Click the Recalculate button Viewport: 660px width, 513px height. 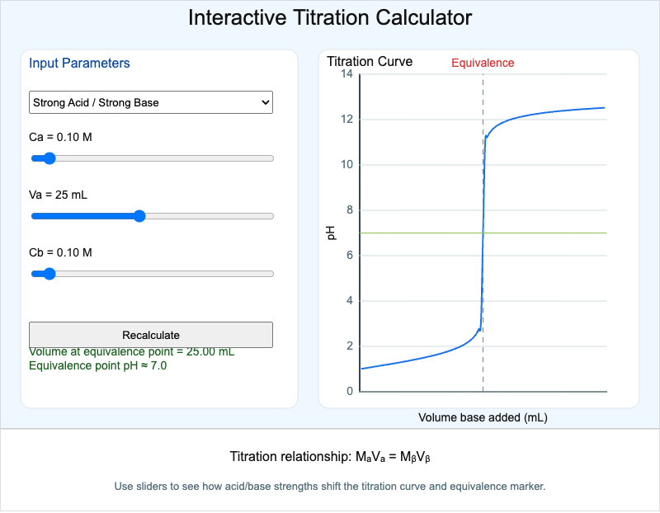[x=151, y=335]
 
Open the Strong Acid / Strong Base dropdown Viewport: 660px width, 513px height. [x=151, y=102]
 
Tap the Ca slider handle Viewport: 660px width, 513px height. [x=49, y=158]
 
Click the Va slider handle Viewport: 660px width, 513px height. [x=139, y=216]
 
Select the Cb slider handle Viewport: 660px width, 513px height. [x=49, y=274]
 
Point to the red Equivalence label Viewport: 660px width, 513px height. [x=483, y=64]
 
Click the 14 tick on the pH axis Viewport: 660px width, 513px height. [x=347, y=74]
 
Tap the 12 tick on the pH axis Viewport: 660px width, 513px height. [x=347, y=120]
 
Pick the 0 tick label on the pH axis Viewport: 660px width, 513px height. [x=350, y=392]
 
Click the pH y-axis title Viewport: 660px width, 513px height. [x=332, y=233]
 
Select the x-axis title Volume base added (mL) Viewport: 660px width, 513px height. [x=483, y=417]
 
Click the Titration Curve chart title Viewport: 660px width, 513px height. [x=370, y=62]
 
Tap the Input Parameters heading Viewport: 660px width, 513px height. [x=79, y=64]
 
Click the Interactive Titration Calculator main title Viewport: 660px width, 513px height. [x=330, y=18]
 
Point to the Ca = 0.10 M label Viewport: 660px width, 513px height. [x=60, y=137]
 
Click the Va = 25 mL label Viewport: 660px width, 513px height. [x=58, y=195]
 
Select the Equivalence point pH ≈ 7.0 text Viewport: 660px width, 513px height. [x=97, y=365]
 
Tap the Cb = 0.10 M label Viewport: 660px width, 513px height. [x=60, y=252]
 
